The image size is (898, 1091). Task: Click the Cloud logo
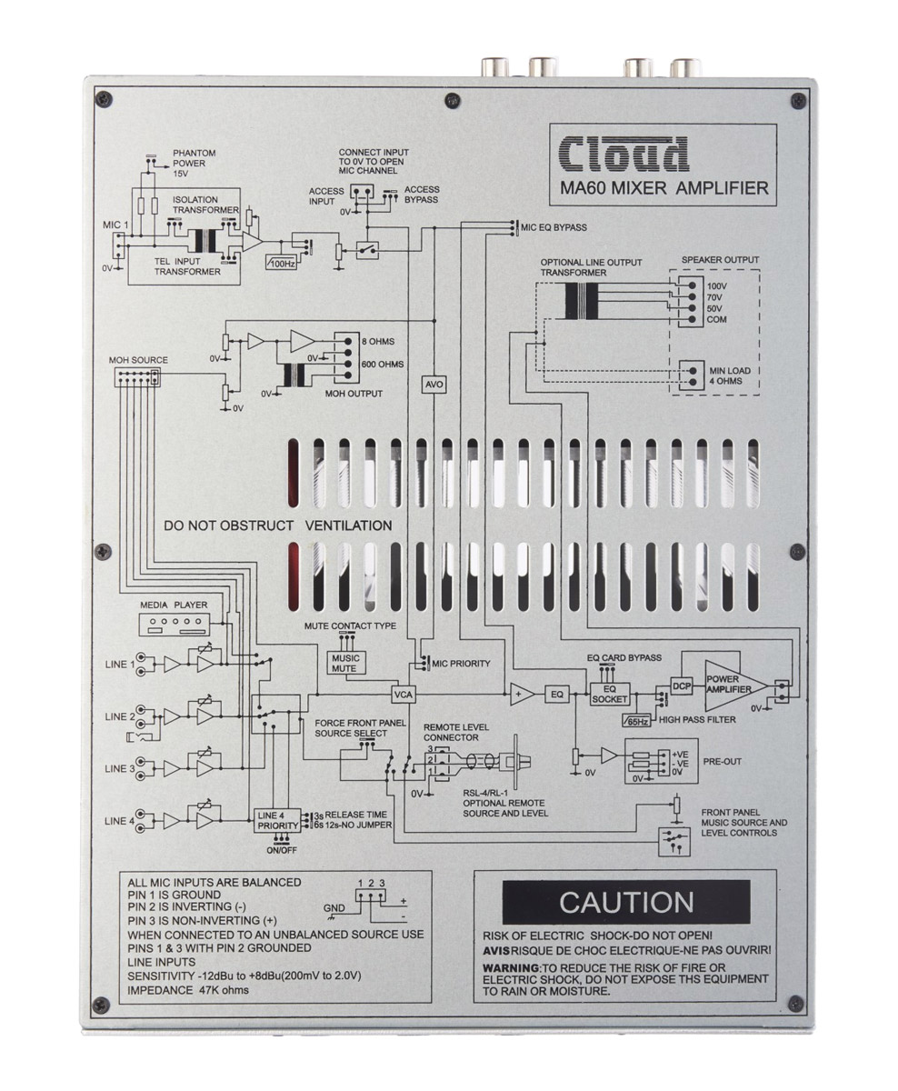pos(624,155)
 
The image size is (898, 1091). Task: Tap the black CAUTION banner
pos(626,902)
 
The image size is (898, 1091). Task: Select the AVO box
pos(434,385)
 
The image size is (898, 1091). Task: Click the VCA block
pos(403,695)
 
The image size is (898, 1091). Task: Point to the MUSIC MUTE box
pos(345,663)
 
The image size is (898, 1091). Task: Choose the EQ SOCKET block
pos(610,695)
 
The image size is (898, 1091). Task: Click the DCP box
pos(682,686)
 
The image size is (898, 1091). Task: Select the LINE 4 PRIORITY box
pos(277,821)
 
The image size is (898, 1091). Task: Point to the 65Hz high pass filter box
pos(637,721)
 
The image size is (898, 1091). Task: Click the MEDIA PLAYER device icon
pos(175,625)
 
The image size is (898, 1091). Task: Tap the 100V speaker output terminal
pos(692,286)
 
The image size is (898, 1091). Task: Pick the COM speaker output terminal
pos(692,319)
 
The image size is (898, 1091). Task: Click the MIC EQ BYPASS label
pos(554,227)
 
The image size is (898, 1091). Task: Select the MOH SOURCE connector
pos(137,377)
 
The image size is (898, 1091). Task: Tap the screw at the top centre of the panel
pos(453,99)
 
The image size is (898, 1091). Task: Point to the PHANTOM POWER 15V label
pos(194,164)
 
